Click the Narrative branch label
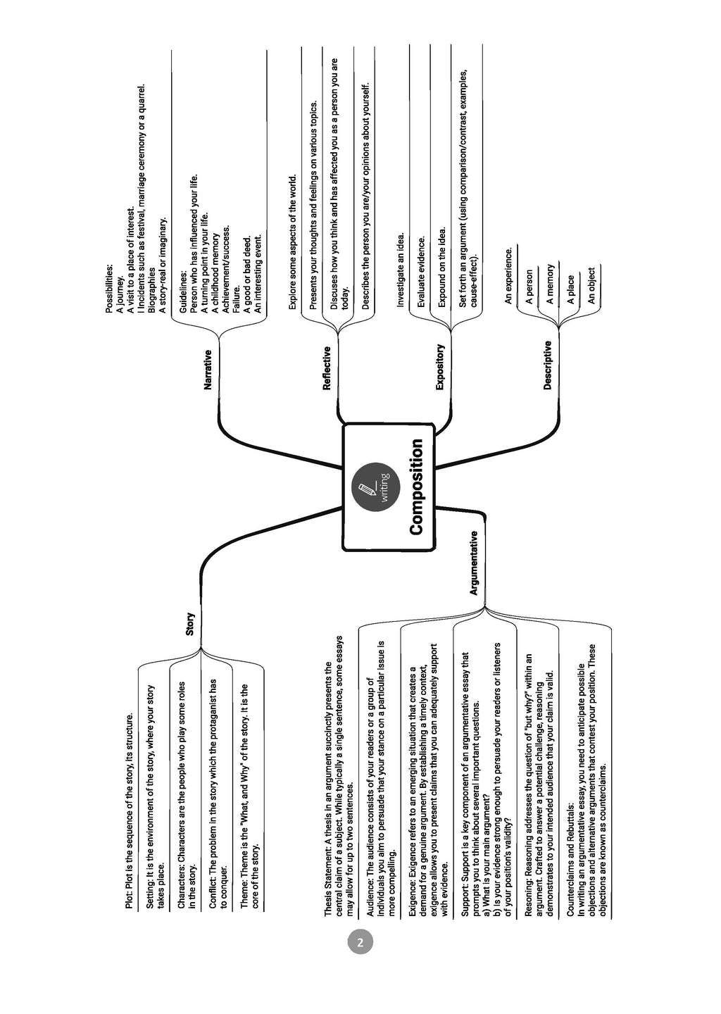tap(208, 370)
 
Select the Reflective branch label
tap(326, 368)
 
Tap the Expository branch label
tap(439, 367)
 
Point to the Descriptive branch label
tap(547, 365)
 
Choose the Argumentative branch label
tap(473, 563)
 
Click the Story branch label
tap(190, 623)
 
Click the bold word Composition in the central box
tap(416, 487)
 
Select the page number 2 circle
tap(360, 942)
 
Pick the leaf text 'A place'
tap(570, 289)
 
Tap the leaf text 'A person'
tap(529, 287)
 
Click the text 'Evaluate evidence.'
tap(421, 272)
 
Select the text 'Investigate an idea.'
tap(400, 270)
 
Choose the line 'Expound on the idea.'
tap(441, 268)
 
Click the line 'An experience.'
tap(508, 275)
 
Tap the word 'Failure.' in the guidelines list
tap(236, 299)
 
